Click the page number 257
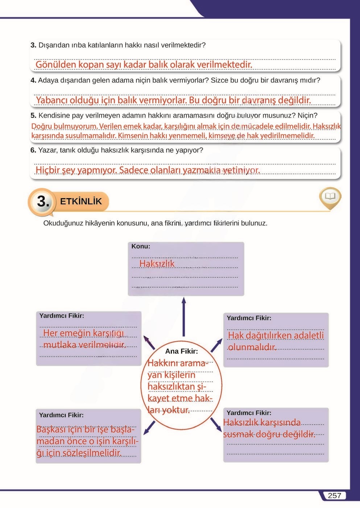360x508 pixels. click(x=334, y=495)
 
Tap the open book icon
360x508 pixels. click(x=330, y=197)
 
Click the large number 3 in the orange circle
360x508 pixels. click(x=43, y=201)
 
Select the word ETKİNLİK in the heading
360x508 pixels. click(x=81, y=201)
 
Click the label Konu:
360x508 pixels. click(x=141, y=246)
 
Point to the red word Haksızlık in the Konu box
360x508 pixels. click(x=157, y=264)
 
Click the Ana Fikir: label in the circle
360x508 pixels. click(x=181, y=351)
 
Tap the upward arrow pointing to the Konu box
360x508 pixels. click(x=184, y=316)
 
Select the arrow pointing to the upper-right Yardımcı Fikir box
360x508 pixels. click(x=216, y=345)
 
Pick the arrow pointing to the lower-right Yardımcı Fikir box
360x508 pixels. click(x=216, y=425)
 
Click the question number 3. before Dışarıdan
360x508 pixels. click(x=33, y=45)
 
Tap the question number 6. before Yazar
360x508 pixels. click(x=33, y=150)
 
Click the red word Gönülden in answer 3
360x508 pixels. click(x=56, y=65)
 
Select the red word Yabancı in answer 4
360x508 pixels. click(x=51, y=100)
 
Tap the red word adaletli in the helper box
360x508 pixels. click(x=309, y=335)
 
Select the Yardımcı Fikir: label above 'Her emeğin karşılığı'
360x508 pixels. click(x=62, y=316)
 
